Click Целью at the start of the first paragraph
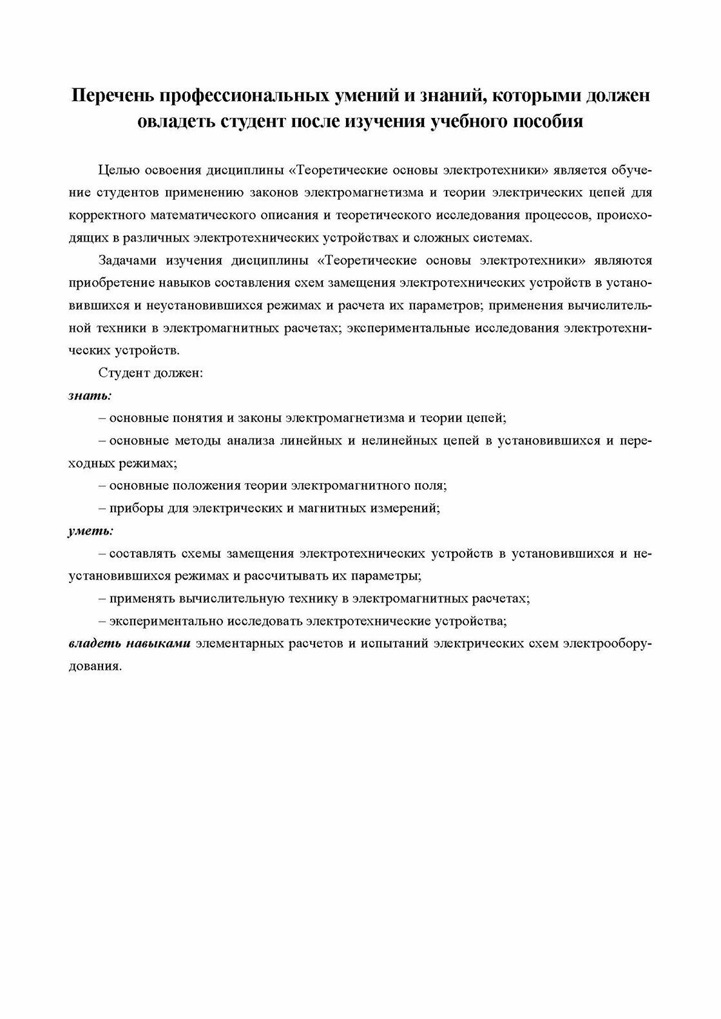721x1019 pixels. [117, 170]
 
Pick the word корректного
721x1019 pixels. [106, 214]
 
